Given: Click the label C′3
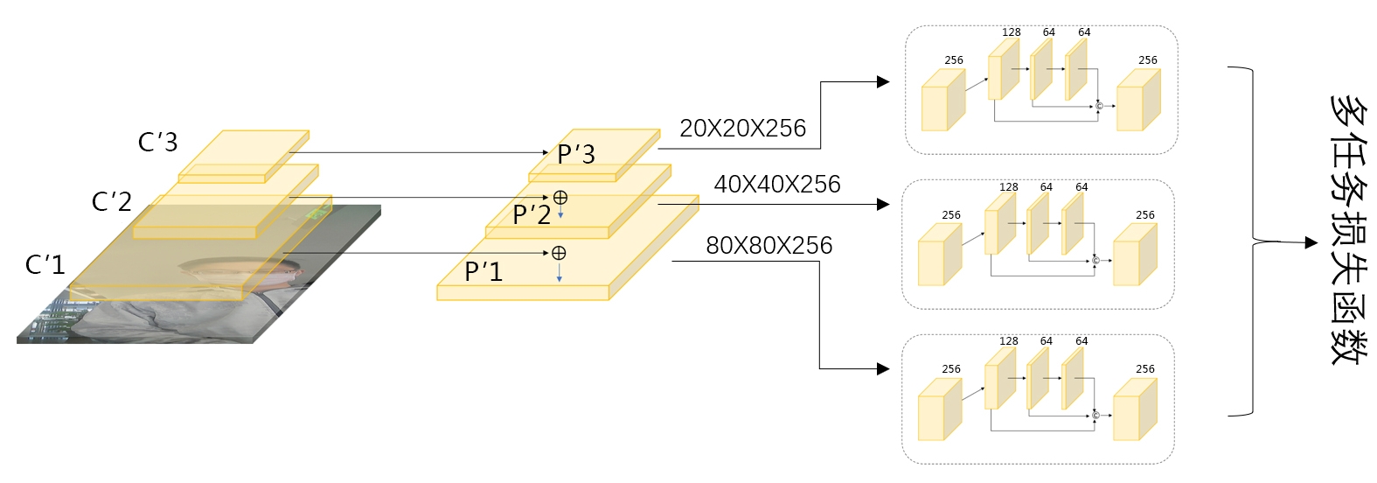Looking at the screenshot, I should click(x=157, y=142).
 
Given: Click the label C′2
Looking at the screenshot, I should click(x=112, y=202).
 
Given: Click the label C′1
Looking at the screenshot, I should click(x=45, y=264).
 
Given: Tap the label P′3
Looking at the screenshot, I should click(x=576, y=155).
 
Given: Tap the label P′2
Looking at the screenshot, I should click(x=532, y=214).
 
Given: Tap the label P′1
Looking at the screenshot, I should click(x=483, y=272).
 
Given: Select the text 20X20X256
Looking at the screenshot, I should click(x=742, y=129).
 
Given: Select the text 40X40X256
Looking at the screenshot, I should click(x=777, y=185).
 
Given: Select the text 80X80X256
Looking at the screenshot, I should click(x=768, y=246).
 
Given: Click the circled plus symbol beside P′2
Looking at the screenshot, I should click(x=560, y=198).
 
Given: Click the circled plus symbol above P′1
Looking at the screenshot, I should click(x=559, y=253).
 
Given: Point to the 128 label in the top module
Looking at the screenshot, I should click(x=1012, y=32).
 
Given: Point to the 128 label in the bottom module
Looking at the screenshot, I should click(x=1009, y=341).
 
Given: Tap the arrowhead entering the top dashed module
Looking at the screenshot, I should click(x=883, y=82).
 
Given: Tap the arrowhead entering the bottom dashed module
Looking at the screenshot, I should click(x=883, y=369).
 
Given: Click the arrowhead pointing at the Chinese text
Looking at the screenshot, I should click(x=1311, y=242).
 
